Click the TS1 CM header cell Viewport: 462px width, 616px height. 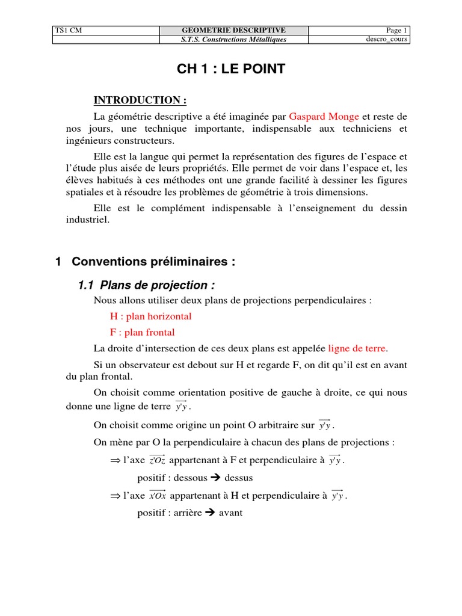(67, 31)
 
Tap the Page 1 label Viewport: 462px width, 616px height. (396, 31)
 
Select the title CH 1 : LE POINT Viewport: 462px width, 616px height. (231, 70)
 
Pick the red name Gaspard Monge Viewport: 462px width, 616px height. (324, 116)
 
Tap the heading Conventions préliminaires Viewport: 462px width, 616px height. (153, 262)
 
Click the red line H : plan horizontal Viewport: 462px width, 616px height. (150, 316)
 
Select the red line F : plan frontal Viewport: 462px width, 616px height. (142, 332)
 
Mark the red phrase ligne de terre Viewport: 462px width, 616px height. (358, 348)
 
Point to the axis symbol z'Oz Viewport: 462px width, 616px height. (157, 461)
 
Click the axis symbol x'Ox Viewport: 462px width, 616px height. (158, 496)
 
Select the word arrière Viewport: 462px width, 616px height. (185, 513)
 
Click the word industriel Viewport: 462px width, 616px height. (87, 220)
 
